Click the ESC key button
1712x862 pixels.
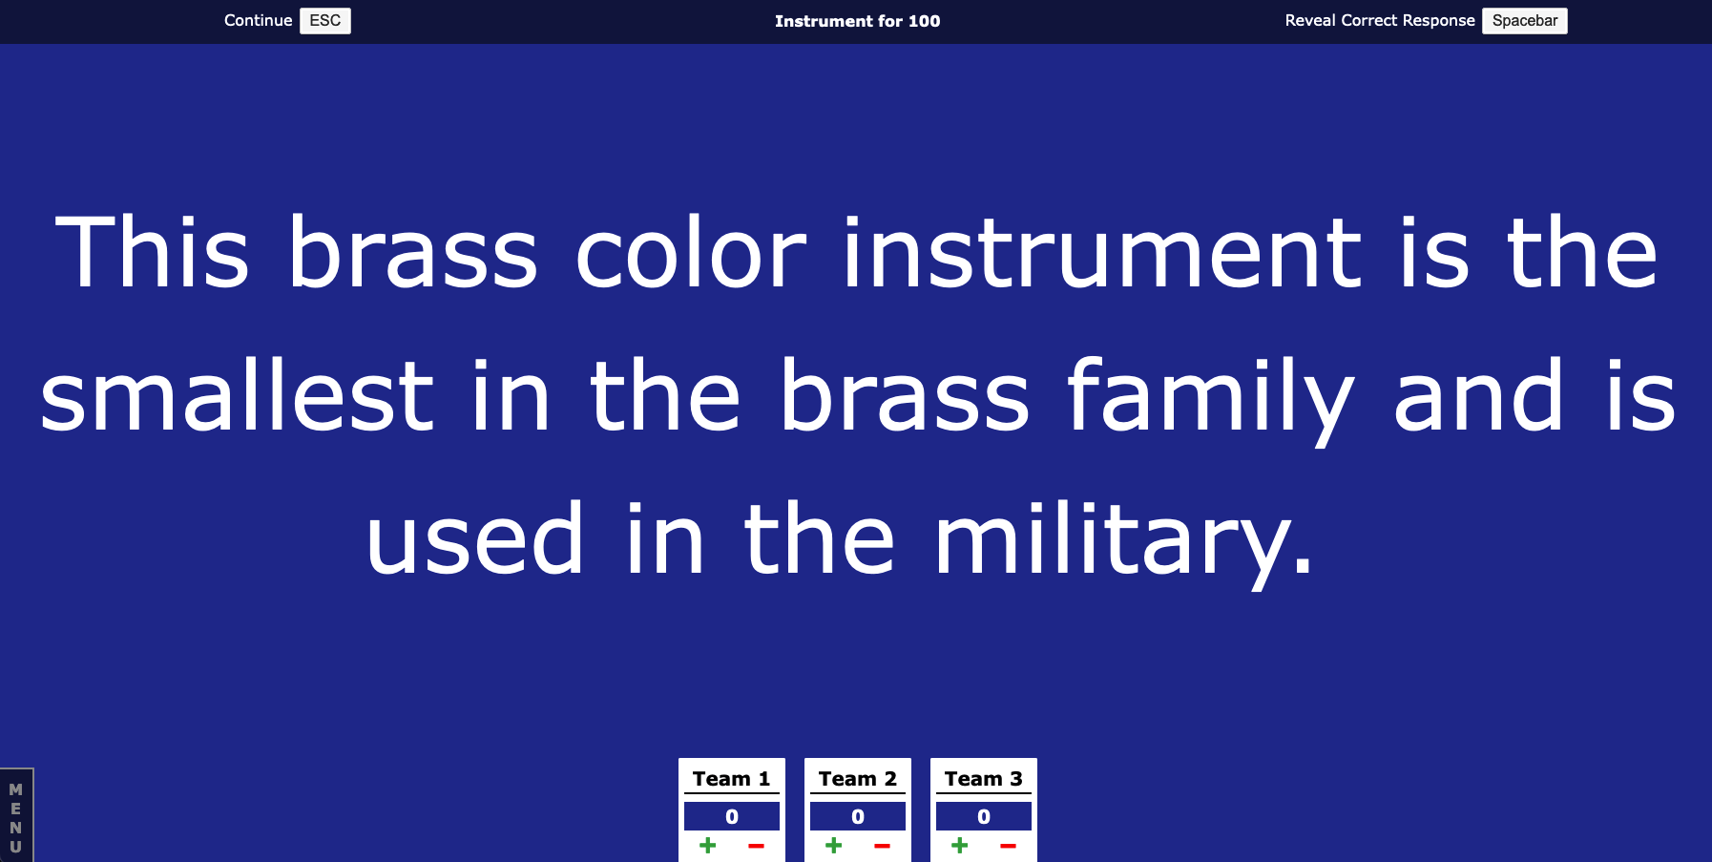tap(325, 21)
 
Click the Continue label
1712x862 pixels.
tap(258, 20)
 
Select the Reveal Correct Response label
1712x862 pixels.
tap(1380, 20)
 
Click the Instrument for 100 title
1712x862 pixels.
tap(857, 21)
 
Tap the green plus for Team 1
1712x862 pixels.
tap(707, 845)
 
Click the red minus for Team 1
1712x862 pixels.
tap(756, 846)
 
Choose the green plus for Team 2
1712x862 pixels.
tap(833, 845)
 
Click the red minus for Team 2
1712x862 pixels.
tap(882, 846)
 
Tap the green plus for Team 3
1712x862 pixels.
tap(959, 845)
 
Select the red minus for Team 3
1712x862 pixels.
tap(1008, 846)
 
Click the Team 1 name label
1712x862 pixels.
tap(731, 779)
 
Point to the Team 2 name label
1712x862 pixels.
tap(857, 779)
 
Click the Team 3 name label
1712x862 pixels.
tap(983, 779)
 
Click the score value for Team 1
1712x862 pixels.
tap(732, 816)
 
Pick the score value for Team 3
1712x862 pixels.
tap(984, 816)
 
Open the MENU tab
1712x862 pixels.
tap(16, 817)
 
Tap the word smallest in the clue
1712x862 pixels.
tap(237, 395)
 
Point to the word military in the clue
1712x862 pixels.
tap(1123, 539)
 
